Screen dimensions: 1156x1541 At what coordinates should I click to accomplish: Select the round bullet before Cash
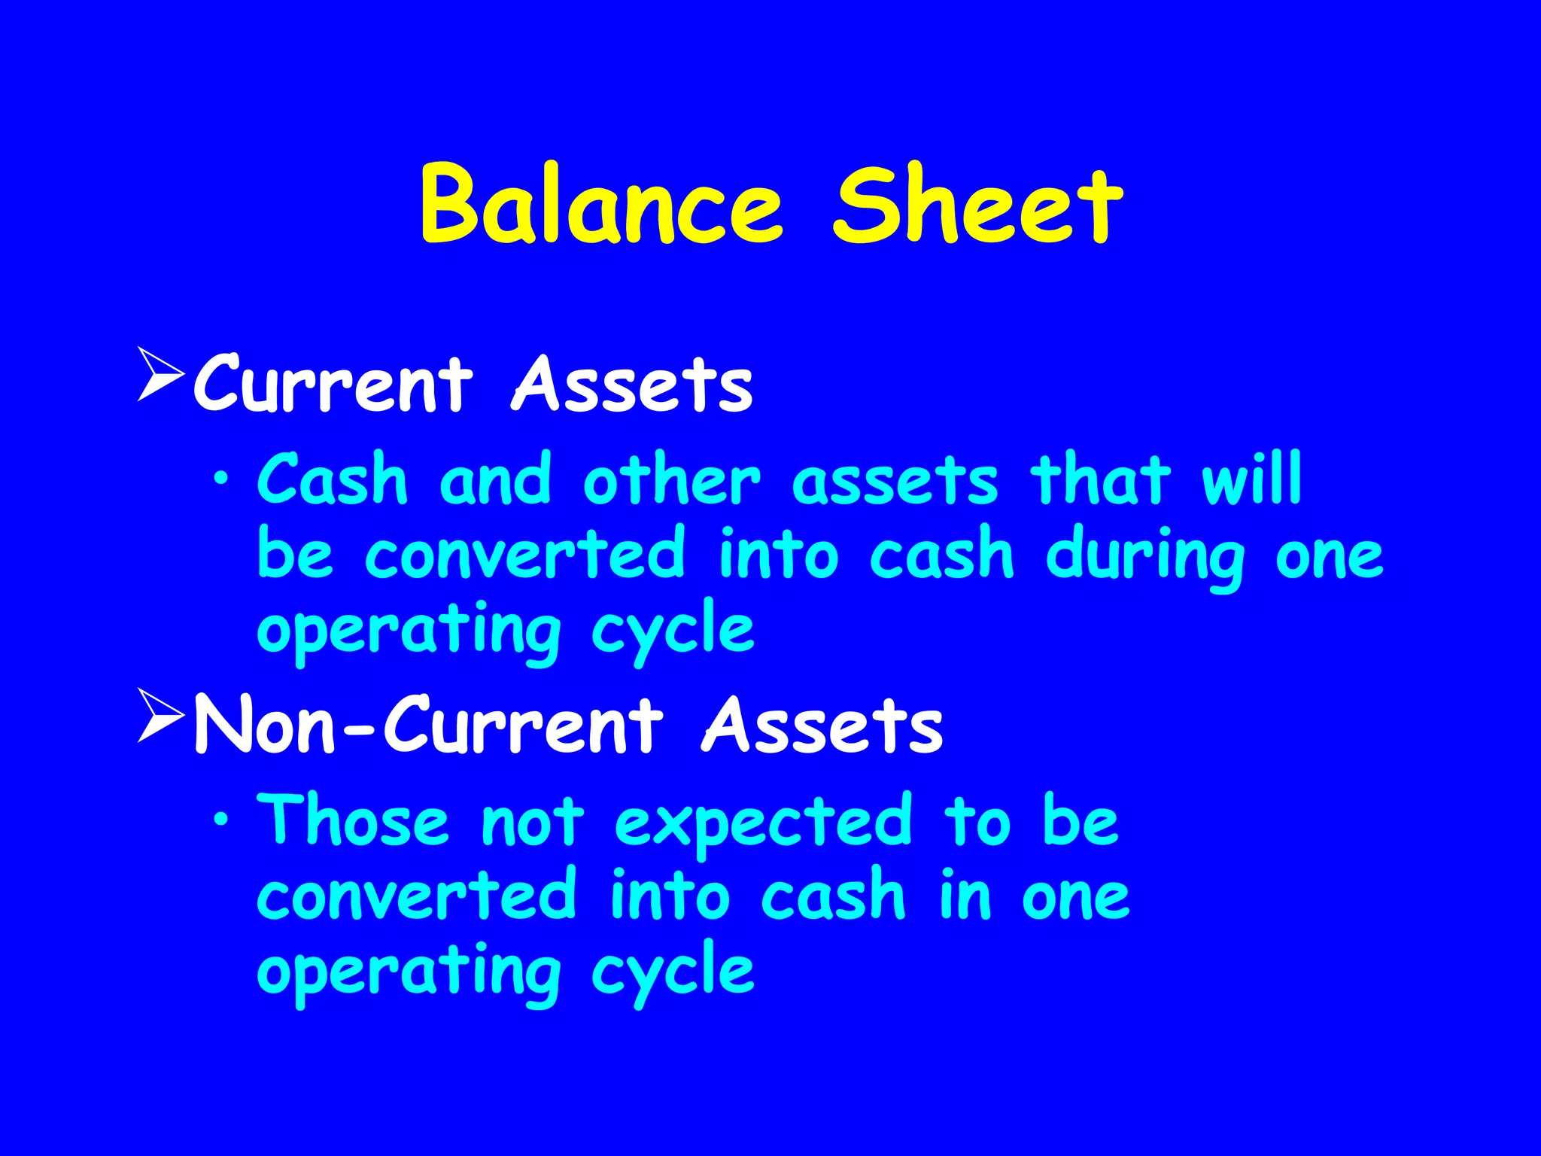tap(220, 479)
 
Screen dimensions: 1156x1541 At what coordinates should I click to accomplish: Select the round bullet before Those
tap(220, 820)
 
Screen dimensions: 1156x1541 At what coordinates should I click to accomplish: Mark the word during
tap(1144, 558)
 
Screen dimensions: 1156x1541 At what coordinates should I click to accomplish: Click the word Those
tap(353, 821)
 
